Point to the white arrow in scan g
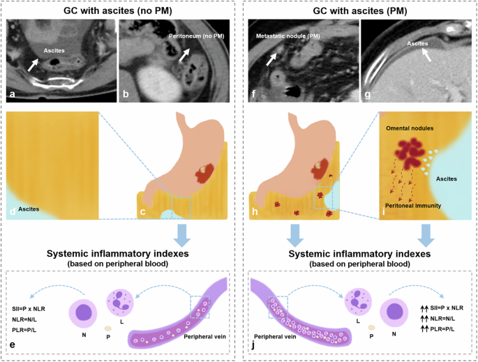(427, 60)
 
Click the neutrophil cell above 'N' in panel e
(82, 311)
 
